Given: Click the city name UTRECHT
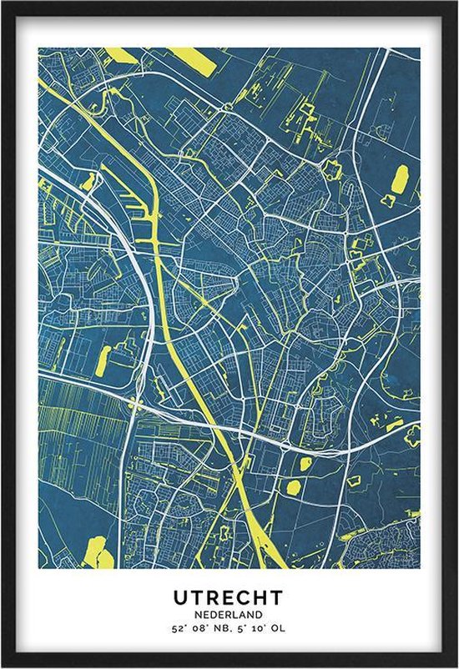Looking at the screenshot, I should point(229,597).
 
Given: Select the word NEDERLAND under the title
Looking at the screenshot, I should point(229,614).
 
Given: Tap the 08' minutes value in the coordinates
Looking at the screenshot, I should point(202,628).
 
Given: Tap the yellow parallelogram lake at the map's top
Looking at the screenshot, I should point(194,60).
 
